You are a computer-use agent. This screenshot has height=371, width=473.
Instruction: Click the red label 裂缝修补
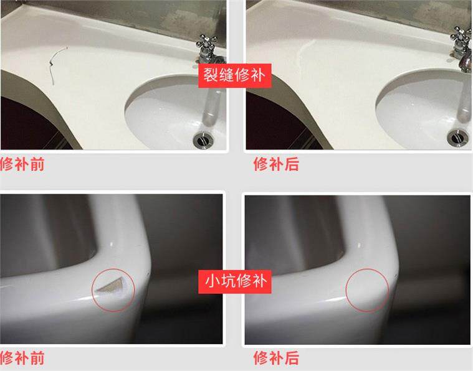[236, 76]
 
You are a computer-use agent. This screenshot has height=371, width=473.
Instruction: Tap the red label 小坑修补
[236, 281]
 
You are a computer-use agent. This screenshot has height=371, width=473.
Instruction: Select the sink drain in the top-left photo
[203, 139]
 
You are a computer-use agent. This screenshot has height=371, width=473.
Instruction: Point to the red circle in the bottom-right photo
[367, 289]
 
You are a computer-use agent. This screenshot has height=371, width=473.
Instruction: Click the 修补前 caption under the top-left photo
[22, 165]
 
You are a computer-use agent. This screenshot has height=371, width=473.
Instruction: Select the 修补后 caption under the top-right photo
[275, 165]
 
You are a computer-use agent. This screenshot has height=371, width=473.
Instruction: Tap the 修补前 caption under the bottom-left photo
[22, 358]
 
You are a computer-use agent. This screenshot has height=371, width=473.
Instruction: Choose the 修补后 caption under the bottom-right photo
[275, 358]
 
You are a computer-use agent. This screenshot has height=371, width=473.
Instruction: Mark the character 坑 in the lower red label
[227, 281]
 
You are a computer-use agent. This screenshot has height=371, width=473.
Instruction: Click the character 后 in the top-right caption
[292, 165]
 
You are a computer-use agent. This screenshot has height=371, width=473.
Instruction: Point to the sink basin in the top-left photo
[168, 112]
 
